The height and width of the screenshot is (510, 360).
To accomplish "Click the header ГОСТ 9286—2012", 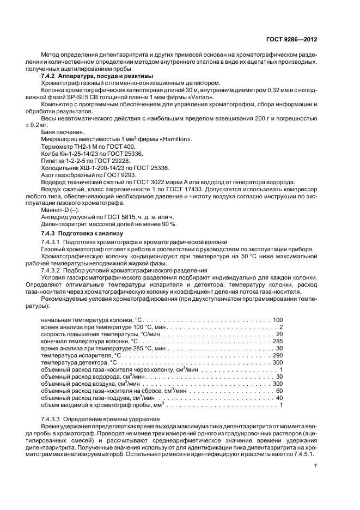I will [293, 40].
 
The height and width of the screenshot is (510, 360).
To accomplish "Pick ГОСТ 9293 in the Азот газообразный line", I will [120, 175].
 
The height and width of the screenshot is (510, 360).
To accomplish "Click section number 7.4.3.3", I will [53, 418].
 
